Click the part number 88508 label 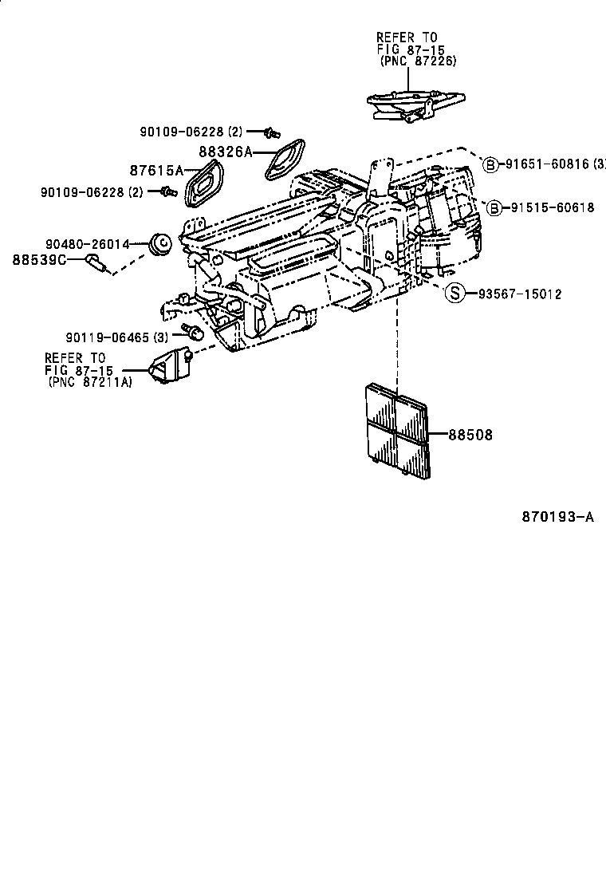tap(470, 436)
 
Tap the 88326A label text tap(225, 151)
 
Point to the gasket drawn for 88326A tap(284, 160)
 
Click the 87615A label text tap(156, 170)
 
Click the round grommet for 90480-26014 tap(162, 242)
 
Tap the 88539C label tap(38, 259)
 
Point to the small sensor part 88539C tap(97, 264)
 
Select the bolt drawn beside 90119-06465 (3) tap(191, 331)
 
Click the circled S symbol tap(454, 294)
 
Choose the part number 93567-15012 tap(520, 294)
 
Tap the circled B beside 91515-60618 tap(494, 207)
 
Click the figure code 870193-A tap(558, 516)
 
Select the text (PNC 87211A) tap(88, 383)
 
